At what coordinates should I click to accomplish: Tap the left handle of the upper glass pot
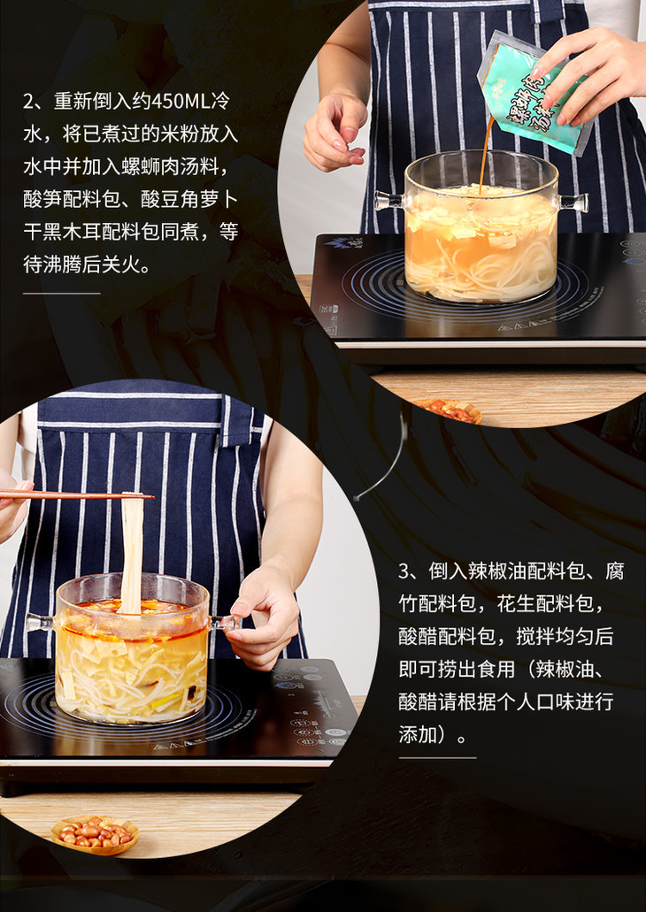pyautogui.click(x=389, y=201)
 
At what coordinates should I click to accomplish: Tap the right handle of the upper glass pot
pyautogui.click(x=573, y=203)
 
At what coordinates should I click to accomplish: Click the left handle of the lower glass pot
pyautogui.click(x=41, y=623)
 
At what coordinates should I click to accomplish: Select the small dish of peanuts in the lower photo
pyautogui.click(x=95, y=835)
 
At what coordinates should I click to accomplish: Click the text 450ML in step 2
pyautogui.click(x=173, y=101)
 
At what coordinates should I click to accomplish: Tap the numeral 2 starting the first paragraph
pyautogui.click(x=29, y=101)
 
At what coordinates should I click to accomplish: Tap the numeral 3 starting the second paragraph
pyautogui.click(x=404, y=571)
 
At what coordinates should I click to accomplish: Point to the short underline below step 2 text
pyautogui.click(x=62, y=293)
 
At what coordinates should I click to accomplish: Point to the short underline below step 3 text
pyautogui.click(x=437, y=757)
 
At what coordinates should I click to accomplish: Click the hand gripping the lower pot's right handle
pyautogui.click(x=263, y=619)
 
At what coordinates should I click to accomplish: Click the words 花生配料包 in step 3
pyautogui.click(x=546, y=603)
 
